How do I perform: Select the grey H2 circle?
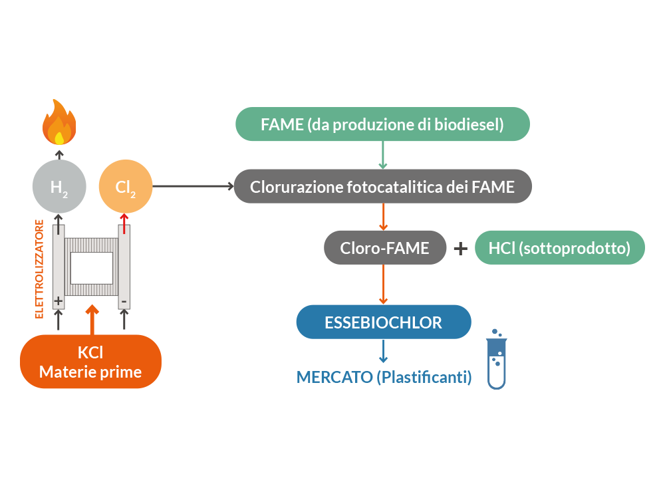point(59,187)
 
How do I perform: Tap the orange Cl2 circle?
point(126,187)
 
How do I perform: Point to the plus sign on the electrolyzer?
point(59,301)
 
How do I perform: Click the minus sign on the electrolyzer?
point(124,301)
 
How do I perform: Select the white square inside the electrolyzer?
point(91,268)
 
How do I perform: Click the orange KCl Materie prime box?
point(90,362)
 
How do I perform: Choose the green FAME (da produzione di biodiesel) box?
point(382,124)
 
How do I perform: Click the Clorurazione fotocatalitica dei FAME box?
point(382,187)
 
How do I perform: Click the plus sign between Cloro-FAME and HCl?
point(460,249)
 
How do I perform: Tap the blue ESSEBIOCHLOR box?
point(383,322)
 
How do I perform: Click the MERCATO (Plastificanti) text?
point(384,377)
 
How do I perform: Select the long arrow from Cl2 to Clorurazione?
point(193,187)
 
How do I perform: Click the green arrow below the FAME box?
point(383,156)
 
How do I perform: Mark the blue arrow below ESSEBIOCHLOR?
point(383,350)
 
